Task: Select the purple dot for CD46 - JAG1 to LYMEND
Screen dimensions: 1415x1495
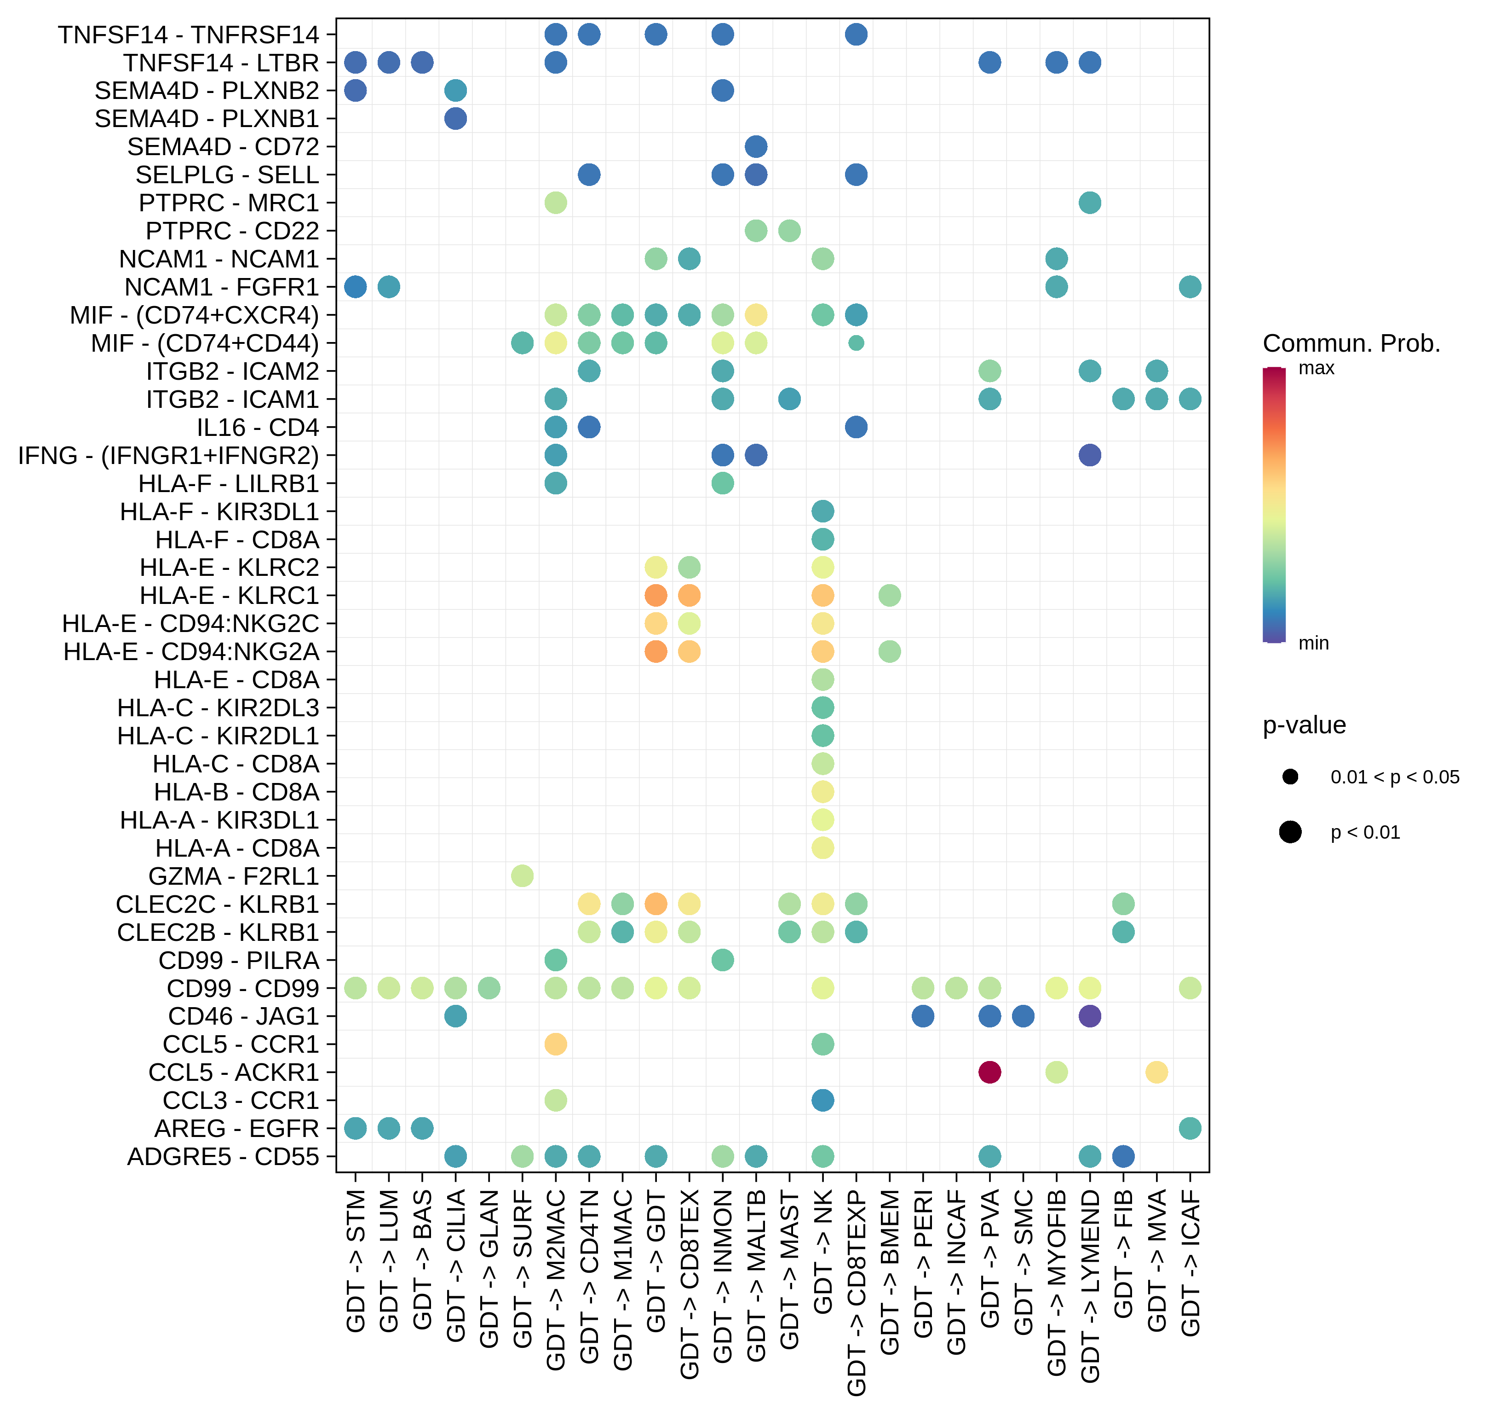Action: [1089, 1016]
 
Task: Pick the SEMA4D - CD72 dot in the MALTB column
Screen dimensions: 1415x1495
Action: [755, 146]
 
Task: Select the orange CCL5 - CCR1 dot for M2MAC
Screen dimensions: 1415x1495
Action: [556, 1044]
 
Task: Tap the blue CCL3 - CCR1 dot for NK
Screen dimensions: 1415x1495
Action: [822, 1100]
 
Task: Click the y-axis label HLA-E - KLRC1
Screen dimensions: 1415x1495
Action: [229, 596]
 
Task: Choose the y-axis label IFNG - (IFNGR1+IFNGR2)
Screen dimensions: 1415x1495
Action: [168, 456]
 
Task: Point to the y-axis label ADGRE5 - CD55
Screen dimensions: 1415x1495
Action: [223, 1156]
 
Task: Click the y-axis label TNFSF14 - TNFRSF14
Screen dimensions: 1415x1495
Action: [189, 35]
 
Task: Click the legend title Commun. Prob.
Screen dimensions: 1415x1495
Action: [1351, 344]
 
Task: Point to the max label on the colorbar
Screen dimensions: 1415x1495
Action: [1317, 368]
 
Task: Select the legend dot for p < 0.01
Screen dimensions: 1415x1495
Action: [1290, 832]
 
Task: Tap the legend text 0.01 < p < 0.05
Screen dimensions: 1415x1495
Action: [1394, 777]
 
